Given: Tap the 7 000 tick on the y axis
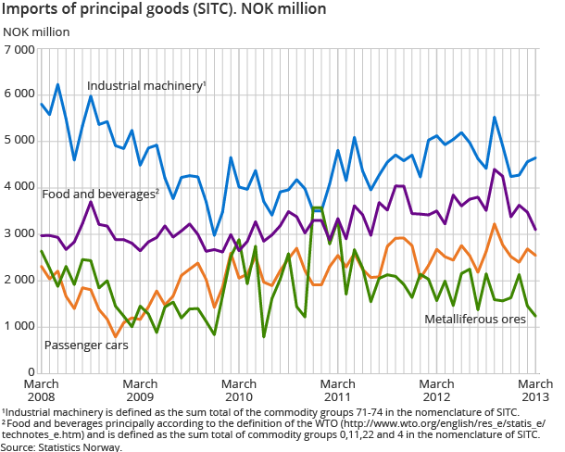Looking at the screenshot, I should coord(19,48).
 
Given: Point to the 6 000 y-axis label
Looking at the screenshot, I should coord(19,94).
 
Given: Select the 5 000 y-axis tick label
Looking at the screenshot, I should coord(19,141).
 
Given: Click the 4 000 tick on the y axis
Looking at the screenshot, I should coord(19,187).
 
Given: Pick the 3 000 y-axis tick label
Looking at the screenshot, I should coord(19,233).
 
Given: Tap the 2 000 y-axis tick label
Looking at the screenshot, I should coord(19,280).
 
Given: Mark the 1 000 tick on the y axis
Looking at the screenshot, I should coord(19,326).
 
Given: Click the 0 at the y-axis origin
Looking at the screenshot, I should coord(31,372).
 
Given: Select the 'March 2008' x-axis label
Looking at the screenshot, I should coord(41,390).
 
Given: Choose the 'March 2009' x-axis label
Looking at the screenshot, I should coord(140,390).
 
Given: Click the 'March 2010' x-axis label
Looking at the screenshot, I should coord(239,390).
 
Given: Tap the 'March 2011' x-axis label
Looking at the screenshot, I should coord(338,390).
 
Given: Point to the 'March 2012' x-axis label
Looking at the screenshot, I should coord(437,390).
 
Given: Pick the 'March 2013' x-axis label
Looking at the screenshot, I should coord(534,390).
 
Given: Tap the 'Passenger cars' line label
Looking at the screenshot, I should coord(85,345).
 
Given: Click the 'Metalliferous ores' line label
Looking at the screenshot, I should coord(475,319).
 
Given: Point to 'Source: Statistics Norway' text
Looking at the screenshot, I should coord(61,446).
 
